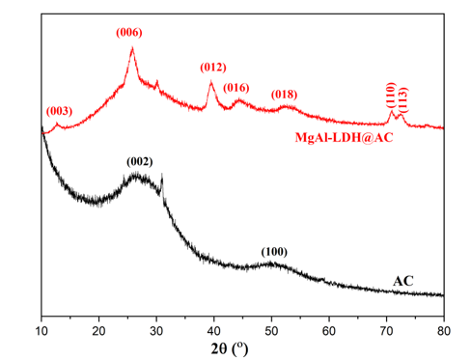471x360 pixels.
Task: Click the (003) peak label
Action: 59,111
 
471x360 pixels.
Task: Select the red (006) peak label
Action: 129,33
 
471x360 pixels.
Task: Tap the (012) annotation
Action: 213,68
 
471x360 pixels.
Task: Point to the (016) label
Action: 236,88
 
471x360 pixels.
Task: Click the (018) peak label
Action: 284,95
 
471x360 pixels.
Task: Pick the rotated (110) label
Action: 391,96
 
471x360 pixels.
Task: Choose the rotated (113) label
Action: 402,100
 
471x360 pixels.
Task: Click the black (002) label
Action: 140,161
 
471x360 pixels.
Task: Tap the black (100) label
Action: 274,252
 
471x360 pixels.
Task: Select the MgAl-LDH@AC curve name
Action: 344,137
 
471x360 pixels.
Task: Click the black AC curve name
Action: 403,281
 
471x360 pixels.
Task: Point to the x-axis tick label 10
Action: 42,331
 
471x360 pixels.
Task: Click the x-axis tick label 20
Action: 98,331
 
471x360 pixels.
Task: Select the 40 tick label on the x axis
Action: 214,331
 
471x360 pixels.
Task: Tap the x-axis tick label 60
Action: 329,331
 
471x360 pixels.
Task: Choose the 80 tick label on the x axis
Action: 444,331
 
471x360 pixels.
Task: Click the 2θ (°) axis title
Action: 230,348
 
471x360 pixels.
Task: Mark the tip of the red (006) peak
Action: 132,47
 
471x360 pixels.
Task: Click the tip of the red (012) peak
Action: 211,81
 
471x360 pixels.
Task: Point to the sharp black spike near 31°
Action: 162,174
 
